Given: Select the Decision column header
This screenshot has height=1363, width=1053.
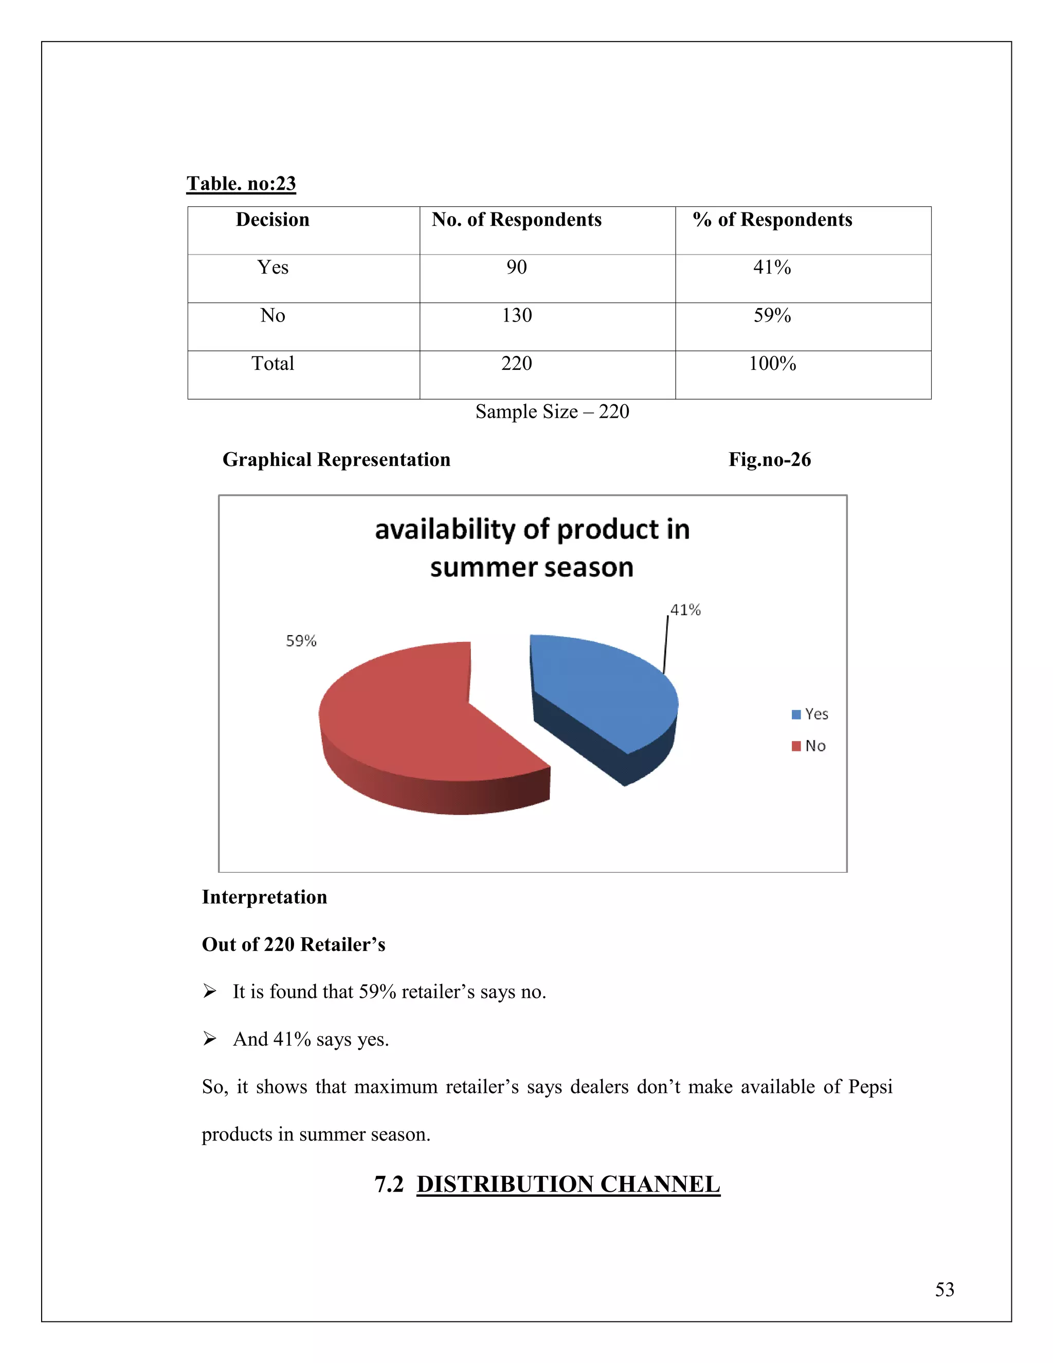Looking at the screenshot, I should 272,220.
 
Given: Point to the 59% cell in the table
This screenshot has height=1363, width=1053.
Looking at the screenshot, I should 772,316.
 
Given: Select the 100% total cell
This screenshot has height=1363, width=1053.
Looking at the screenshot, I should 772,364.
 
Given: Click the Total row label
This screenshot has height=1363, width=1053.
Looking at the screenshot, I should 272,364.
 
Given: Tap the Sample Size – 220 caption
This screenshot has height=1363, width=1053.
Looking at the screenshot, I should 552,412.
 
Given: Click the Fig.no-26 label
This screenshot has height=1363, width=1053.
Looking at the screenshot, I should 769,460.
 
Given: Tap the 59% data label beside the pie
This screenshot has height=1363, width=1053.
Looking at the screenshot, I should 301,641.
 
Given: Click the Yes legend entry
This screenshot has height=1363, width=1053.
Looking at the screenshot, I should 810,714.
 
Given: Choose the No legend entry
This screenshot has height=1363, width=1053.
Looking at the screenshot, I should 809,746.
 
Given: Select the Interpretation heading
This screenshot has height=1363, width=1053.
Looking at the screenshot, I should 264,897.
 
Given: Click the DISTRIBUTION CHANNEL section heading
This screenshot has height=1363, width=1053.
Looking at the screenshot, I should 568,1184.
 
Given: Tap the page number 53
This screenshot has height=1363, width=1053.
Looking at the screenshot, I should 944,1289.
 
